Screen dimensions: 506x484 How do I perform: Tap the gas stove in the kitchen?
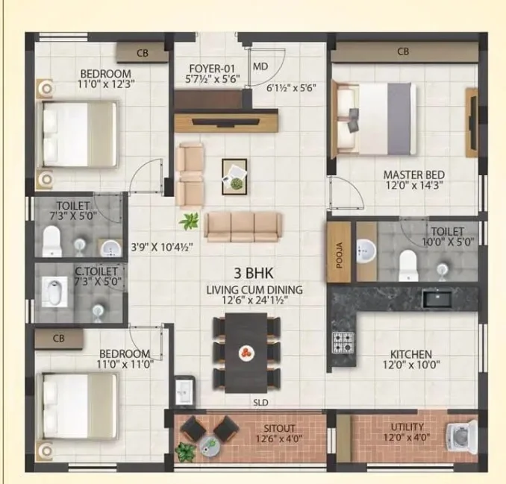343,342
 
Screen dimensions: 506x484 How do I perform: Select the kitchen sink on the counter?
437,298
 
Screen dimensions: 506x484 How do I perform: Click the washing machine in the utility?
462,436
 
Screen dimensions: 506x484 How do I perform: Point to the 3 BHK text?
254,273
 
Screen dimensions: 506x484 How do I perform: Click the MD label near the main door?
260,66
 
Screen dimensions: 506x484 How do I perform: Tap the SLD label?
260,403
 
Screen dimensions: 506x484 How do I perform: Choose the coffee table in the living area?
234,177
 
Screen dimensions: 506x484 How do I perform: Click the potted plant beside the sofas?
189,221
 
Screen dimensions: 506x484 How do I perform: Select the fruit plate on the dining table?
246,353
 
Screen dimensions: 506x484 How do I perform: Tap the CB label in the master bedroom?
403,51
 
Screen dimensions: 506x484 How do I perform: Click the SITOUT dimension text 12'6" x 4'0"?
279,439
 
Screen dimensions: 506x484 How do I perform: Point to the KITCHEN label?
411,354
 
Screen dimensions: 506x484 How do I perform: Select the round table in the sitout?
210,446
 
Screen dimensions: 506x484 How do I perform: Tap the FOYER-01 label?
212,69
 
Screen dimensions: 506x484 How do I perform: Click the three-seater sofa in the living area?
243,227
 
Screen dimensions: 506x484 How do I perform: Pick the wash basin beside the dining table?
184,389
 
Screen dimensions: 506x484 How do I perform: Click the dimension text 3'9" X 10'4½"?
162,248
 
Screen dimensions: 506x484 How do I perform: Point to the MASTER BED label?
414,175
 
